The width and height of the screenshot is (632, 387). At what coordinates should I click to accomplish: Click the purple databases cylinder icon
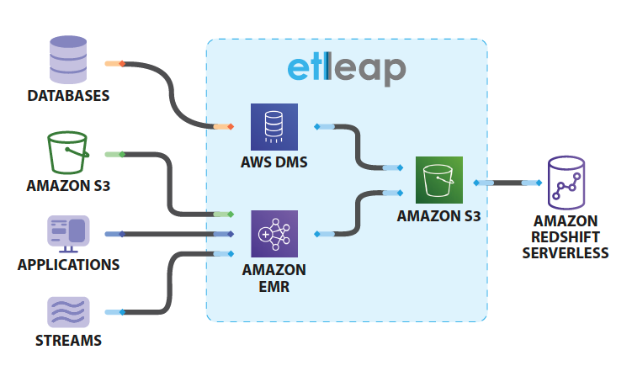point(69,57)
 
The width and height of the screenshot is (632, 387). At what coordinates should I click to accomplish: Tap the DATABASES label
point(69,96)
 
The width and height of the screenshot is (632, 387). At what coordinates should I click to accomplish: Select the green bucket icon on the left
point(68,152)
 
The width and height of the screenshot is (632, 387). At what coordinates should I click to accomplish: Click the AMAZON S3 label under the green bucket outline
point(69,186)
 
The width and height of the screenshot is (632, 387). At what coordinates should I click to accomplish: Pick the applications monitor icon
point(69,233)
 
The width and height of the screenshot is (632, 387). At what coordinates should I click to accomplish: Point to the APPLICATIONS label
point(69,265)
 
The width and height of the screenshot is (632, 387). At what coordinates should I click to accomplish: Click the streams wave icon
point(69,311)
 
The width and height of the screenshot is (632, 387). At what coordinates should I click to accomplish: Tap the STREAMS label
point(69,341)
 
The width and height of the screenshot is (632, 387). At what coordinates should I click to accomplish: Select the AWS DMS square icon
point(274,127)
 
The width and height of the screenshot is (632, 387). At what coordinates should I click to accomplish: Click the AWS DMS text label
point(274,162)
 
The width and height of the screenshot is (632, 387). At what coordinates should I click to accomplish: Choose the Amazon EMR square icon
point(274,233)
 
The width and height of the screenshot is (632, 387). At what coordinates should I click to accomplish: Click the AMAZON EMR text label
point(274,278)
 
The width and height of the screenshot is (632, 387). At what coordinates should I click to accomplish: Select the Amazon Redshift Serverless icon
point(566,182)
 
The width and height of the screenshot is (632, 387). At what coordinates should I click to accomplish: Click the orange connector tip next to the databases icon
point(114,63)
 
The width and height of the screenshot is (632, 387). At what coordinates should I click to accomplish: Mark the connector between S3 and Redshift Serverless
point(507,182)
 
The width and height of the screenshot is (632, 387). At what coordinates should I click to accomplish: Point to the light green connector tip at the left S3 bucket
point(114,155)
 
